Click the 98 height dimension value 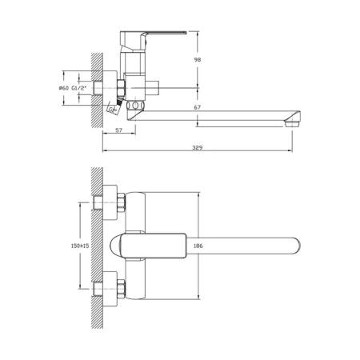[206, 59]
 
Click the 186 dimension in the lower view [206, 248]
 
